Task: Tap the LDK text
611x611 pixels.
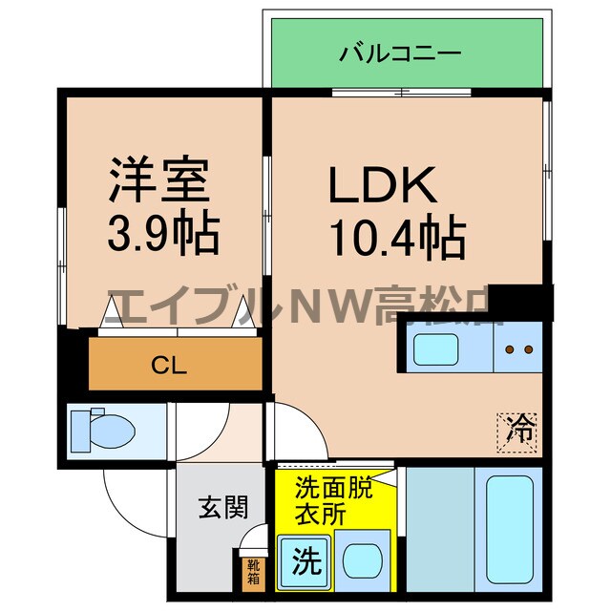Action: coord(383,185)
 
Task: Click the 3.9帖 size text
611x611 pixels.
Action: coord(163,232)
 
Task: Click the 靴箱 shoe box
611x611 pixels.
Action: coord(252,572)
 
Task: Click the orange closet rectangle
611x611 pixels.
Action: coord(177,364)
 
